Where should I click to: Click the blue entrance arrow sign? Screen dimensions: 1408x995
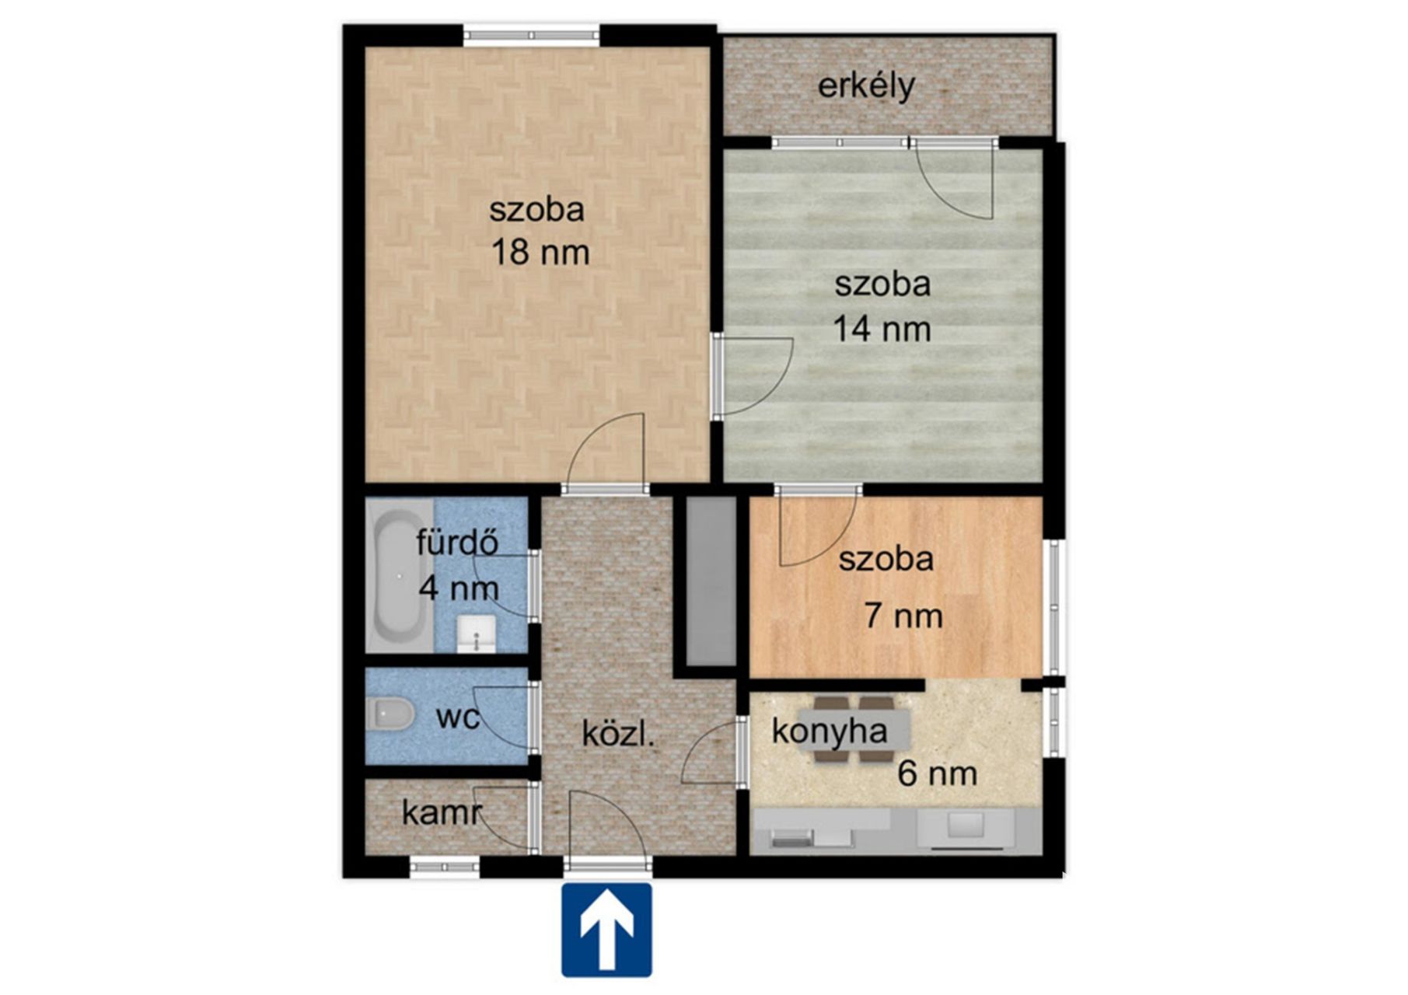point(606,929)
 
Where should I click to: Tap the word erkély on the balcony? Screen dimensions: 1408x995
point(866,86)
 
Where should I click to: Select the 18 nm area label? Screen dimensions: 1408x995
point(540,252)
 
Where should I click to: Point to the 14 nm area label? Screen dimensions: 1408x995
point(882,328)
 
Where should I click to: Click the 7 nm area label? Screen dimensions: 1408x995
point(903,616)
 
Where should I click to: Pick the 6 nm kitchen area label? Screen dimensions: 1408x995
point(937,773)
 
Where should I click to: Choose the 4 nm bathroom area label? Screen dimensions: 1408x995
point(459,587)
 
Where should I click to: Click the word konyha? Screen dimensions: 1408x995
point(830,731)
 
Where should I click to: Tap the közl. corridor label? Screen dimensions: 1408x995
point(618,735)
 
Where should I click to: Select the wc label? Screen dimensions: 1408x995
point(458,717)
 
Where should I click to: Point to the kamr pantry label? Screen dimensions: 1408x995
point(442,813)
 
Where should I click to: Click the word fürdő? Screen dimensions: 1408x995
point(457,543)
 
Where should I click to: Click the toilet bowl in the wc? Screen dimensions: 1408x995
point(390,714)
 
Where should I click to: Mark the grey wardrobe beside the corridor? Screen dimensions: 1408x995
point(711,581)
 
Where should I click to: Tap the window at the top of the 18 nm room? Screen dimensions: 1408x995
point(532,33)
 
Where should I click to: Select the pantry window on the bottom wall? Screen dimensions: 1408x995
point(445,867)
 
